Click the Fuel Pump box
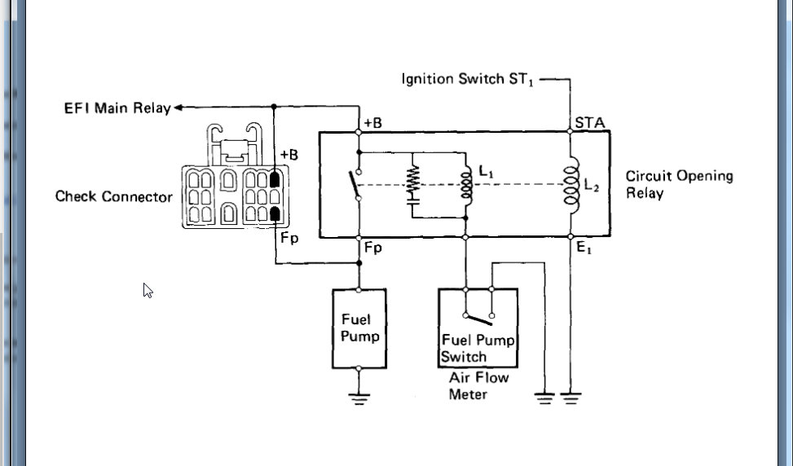click(x=359, y=328)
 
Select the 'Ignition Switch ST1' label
click(x=469, y=79)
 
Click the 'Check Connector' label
click(x=113, y=196)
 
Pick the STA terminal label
click(x=589, y=123)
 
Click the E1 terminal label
click(x=584, y=249)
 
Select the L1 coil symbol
click(x=466, y=185)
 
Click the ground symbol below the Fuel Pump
click(x=359, y=398)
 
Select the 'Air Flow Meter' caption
click(x=478, y=386)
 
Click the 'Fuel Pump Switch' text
click(x=478, y=348)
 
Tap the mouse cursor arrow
click(x=148, y=290)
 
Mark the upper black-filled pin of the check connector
click(x=275, y=178)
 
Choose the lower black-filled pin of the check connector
click(x=275, y=213)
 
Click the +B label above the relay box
click(x=373, y=123)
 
